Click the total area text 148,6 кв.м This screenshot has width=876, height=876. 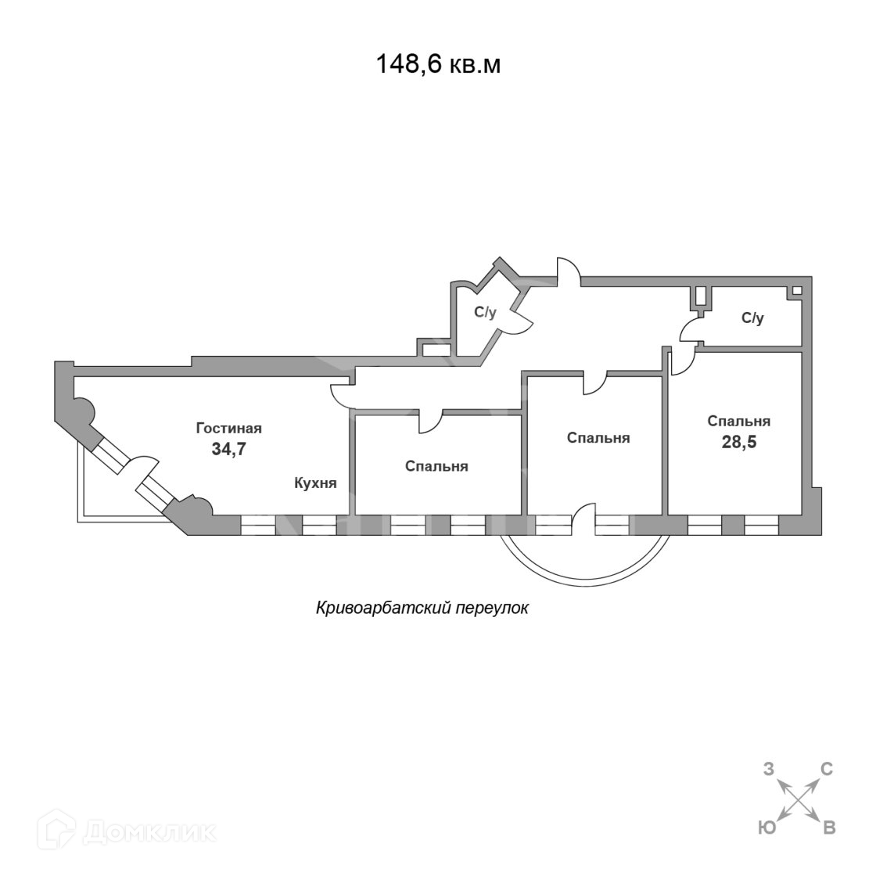click(438, 64)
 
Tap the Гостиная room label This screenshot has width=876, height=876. click(228, 429)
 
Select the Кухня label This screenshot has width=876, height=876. click(315, 483)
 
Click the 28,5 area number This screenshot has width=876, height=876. click(738, 441)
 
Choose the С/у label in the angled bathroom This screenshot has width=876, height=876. click(485, 312)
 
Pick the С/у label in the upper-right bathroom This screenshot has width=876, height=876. click(752, 318)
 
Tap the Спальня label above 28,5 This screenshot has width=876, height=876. click(738, 421)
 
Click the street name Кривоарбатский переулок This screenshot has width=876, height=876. click(422, 608)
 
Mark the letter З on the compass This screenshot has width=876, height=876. click(768, 770)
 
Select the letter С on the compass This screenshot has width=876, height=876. click(826, 770)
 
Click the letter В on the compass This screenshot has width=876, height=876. click(829, 828)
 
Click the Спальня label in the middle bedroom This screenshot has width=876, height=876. click(598, 438)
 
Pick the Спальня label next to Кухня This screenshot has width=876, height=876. click(436, 466)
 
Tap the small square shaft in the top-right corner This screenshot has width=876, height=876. click(796, 291)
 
